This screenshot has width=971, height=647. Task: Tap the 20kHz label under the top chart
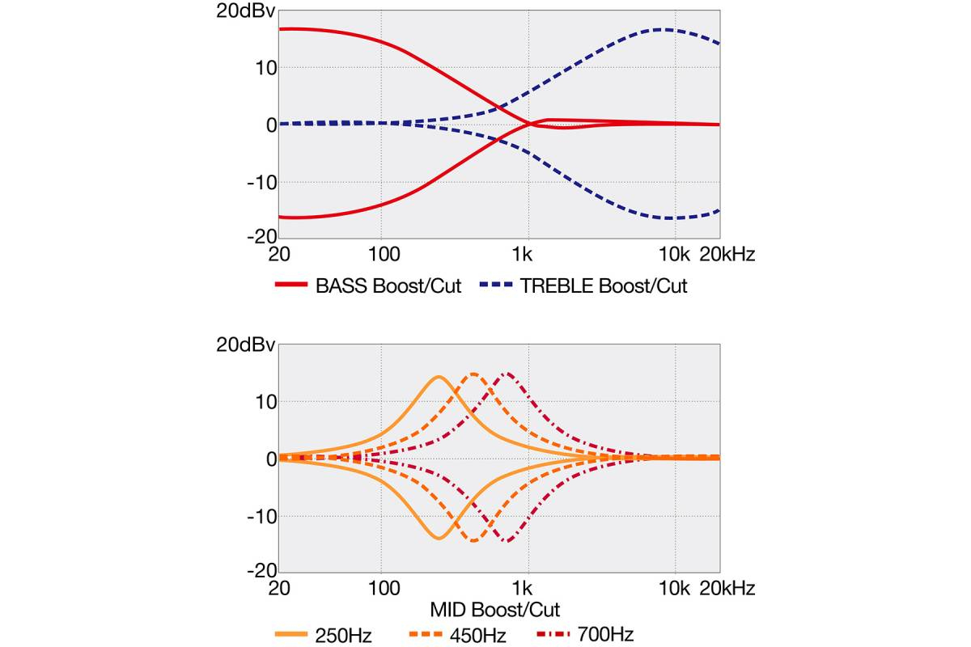click(726, 255)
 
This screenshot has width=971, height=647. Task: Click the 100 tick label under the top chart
click(384, 255)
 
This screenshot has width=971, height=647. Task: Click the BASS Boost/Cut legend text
click(388, 285)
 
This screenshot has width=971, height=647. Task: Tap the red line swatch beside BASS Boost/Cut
click(291, 285)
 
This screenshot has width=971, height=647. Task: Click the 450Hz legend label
click(477, 633)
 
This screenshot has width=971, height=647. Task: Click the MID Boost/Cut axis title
click(495, 608)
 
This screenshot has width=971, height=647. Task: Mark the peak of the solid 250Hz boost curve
click(439, 377)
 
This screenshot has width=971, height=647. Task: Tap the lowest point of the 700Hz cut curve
click(507, 541)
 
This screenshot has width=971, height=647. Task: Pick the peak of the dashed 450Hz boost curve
click(473, 374)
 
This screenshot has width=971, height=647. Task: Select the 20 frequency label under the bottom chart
click(279, 588)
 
